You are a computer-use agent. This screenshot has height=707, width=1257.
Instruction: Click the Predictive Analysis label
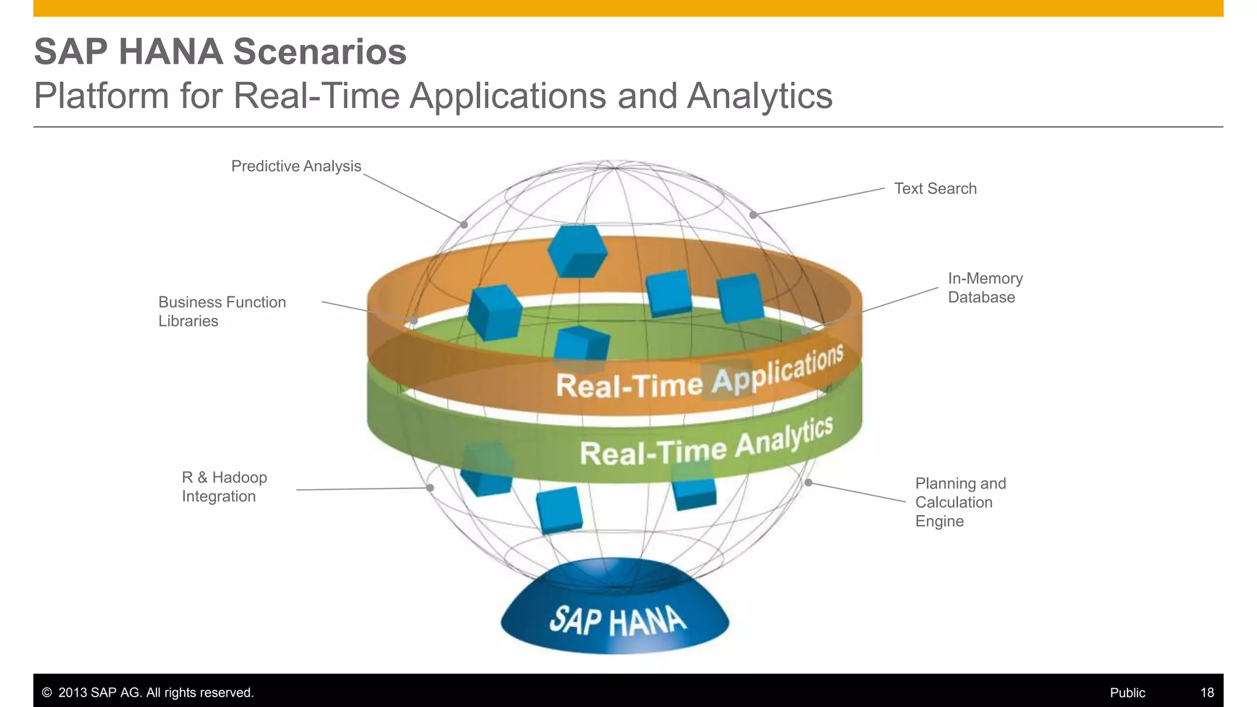(296, 166)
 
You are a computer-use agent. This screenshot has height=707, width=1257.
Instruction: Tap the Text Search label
(935, 188)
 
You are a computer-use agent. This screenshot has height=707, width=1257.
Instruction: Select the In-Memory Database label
(984, 288)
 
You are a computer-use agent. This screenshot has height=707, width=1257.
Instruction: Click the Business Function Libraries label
(222, 311)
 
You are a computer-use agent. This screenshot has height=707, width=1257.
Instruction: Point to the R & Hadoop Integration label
(224, 487)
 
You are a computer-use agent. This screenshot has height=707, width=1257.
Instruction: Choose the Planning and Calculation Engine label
(960, 502)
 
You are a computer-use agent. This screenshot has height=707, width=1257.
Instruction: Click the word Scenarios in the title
(320, 52)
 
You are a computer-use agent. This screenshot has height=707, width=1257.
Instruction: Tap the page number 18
(1207, 693)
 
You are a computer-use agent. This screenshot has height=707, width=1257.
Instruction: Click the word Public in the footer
(1127, 693)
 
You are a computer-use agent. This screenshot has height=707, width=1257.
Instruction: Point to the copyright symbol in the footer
(47, 693)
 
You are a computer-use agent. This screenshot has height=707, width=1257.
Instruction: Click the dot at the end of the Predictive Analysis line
(464, 225)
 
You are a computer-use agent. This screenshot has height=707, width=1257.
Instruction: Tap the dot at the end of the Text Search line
(753, 215)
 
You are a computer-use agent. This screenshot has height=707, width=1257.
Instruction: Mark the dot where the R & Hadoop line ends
(430, 488)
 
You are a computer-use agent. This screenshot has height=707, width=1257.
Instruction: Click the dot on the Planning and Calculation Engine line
(808, 483)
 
